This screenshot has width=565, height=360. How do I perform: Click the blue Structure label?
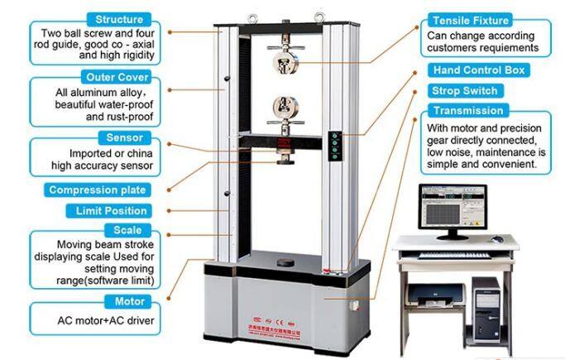tap(118, 19)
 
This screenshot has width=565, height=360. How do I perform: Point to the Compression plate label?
tap(98, 190)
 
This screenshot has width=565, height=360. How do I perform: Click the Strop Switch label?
tap(464, 90)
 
